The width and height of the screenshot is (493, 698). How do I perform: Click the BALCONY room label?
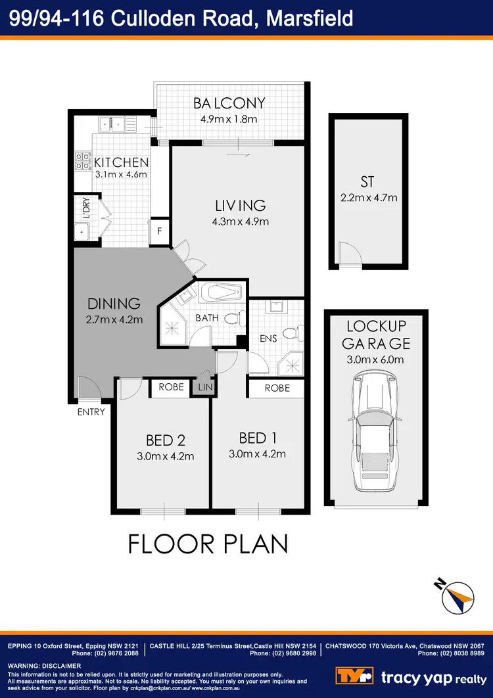(229, 103)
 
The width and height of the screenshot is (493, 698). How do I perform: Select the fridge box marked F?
(158, 231)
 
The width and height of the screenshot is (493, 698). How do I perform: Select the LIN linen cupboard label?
(205, 388)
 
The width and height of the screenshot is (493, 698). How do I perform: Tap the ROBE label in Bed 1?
(277, 388)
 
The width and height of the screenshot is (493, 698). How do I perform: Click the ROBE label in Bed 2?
(171, 388)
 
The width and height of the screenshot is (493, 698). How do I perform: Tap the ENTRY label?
(91, 412)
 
